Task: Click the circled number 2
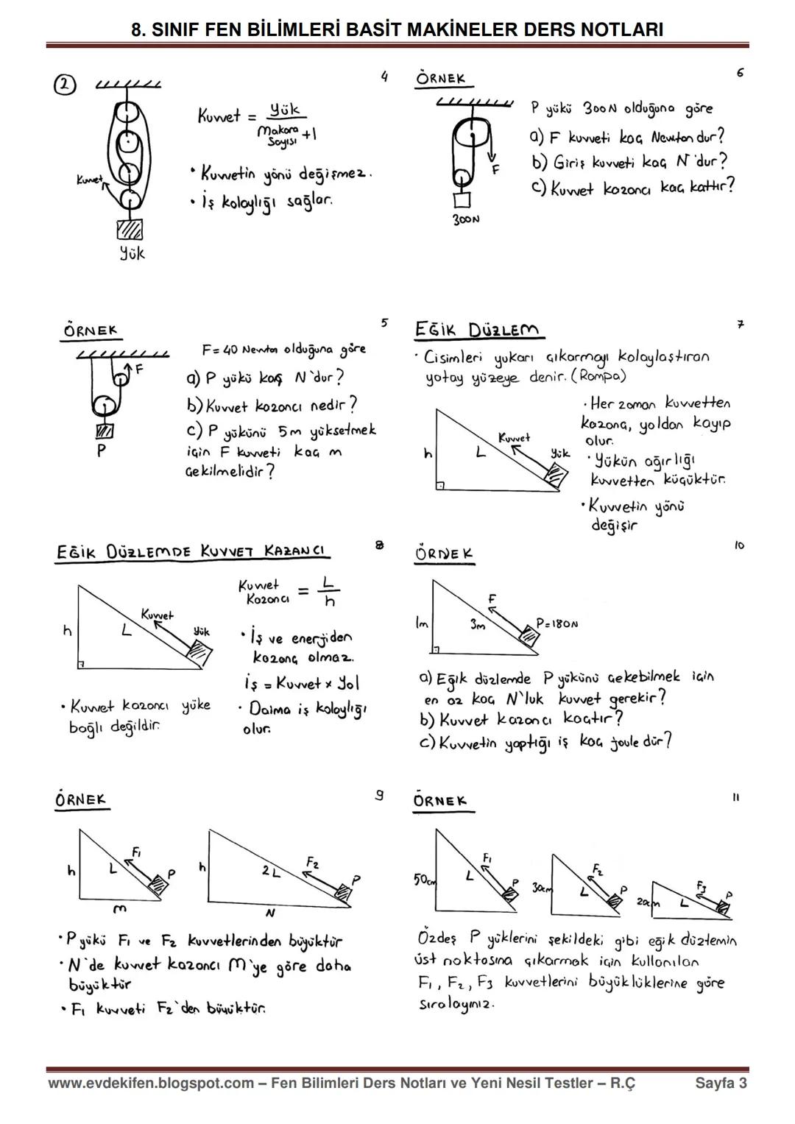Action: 65,85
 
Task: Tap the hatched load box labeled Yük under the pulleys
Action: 130,230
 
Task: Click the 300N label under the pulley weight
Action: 466,219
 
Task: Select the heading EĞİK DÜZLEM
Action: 478,331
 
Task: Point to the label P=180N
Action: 556,623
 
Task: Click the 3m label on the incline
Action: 477,623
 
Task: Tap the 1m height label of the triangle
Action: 422,623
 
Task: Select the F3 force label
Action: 701,886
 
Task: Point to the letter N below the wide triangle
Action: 270,913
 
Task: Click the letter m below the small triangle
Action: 119,908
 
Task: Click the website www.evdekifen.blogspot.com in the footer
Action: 151,1083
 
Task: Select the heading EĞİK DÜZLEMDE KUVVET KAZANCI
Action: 191,552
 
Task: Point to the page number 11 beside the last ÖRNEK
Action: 736,798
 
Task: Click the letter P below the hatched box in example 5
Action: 102,450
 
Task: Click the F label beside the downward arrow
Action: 495,170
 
